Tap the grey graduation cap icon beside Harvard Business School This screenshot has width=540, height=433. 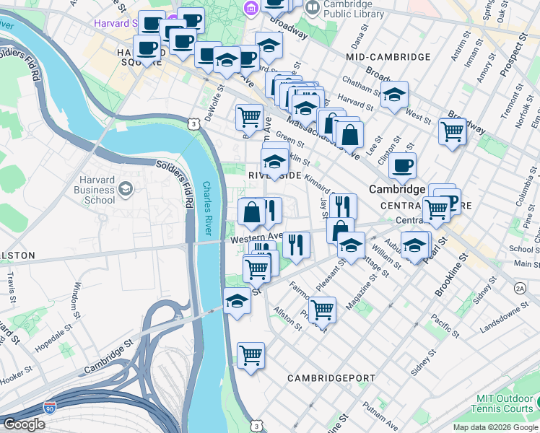coord(126,189)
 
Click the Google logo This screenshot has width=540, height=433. coord(24,424)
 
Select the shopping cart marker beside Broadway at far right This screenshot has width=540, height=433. coord(452,132)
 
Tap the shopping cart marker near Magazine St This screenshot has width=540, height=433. coord(322,310)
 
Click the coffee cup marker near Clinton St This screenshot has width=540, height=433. coord(402,165)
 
